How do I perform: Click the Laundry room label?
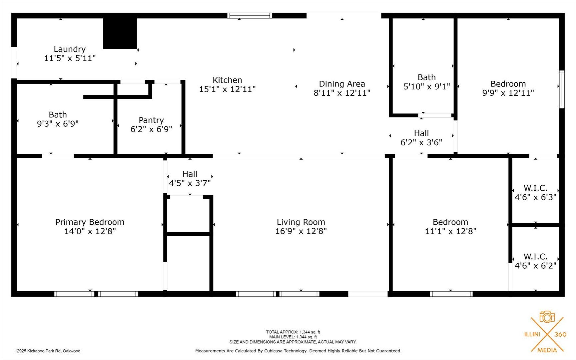click(x=70, y=49)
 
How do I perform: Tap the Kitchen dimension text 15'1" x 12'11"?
click(x=227, y=89)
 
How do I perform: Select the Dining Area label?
click(x=342, y=84)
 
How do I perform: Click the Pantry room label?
click(x=151, y=120)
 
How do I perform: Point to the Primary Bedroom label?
click(x=90, y=222)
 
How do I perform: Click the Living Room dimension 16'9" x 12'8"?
click(x=301, y=231)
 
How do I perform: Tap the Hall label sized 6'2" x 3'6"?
click(x=421, y=134)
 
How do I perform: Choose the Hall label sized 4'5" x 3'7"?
click(x=190, y=174)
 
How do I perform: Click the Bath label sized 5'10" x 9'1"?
click(x=426, y=78)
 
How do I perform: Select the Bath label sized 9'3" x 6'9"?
click(x=58, y=115)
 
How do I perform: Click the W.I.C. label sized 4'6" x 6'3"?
click(x=535, y=188)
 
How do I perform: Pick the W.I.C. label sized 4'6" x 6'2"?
click(x=535, y=257)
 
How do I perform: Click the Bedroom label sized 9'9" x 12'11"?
click(x=508, y=84)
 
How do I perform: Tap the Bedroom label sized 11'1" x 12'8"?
click(x=450, y=222)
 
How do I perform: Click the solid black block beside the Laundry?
click(x=120, y=33)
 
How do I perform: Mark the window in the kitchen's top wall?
click(x=250, y=15)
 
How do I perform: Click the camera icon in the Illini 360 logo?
click(x=547, y=317)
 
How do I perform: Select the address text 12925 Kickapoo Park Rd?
click(x=48, y=351)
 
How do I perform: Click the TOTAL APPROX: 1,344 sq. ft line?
click(x=293, y=332)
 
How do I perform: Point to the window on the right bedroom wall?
click(x=562, y=89)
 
